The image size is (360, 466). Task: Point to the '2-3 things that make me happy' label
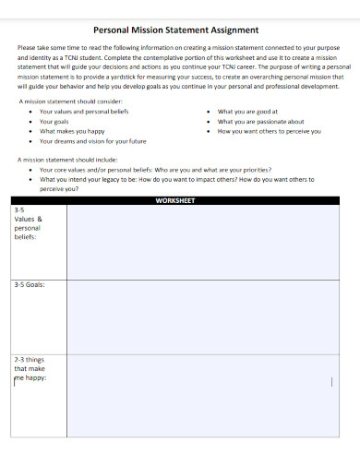tap(30, 368)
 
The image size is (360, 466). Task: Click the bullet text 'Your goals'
tap(54, 121)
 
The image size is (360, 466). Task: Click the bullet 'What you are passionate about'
tap(260, 121)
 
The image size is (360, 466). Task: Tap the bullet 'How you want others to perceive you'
tap(269, 131)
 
